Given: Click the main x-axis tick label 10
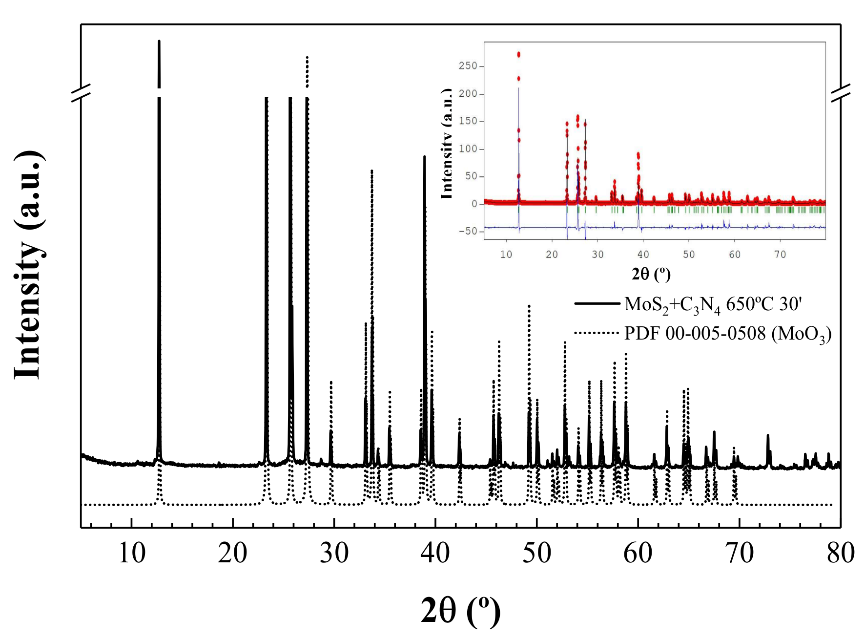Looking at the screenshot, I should [x=132, y=554].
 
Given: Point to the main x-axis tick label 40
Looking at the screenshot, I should [x=435, y=554].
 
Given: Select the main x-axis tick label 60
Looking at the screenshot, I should [x=638, y=554].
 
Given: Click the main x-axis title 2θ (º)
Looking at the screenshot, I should [x=460, y=610].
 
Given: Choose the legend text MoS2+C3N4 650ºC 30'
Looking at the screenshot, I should [x=713, y=304].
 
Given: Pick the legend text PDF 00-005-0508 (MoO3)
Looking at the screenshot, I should [x=727, y=334].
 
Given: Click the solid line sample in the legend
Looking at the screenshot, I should [x=597, y=303].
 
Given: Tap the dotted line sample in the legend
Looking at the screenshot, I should [x=597, y=333].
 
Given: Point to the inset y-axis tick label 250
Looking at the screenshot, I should [x=468, y=66].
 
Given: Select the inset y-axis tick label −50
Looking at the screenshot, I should [x=468, y=231].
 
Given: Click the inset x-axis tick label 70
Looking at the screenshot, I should [x=780, y=255].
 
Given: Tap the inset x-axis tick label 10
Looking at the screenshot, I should [x=506, y=255].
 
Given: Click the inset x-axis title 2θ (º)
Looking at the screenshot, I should [x=651, y=274].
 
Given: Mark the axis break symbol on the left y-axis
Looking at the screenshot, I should [x=81, y=92].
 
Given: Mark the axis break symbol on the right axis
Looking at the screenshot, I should [x=841, y=92].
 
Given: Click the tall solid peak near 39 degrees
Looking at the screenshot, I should [x=424, y=161].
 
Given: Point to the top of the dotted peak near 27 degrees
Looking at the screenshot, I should [x=307, y=58].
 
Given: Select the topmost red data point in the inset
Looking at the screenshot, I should [x=518, y=54].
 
